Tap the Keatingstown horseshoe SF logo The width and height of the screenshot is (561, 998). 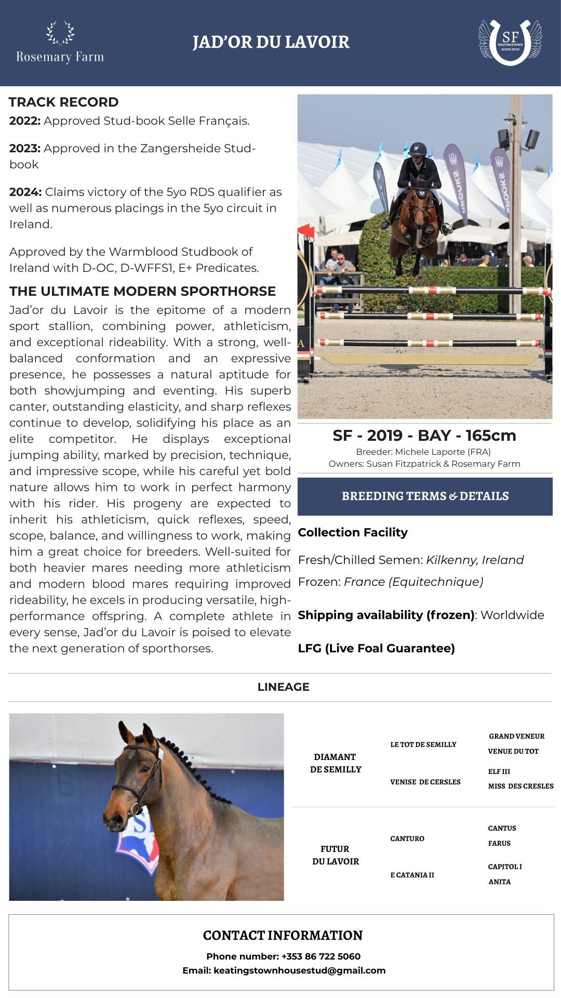pos(510,42)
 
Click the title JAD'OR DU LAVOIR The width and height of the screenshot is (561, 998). pos(271,42)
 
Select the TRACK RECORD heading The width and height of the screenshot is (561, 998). pos(63,102)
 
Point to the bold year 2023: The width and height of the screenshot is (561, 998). pos(25,148)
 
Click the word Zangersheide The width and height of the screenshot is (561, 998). pos(181,148)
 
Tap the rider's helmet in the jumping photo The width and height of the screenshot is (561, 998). pos(417,150)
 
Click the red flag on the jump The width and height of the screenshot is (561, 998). pos(306,230)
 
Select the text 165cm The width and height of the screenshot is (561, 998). pos(490,436)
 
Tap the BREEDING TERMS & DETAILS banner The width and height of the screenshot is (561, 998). pos(425,496)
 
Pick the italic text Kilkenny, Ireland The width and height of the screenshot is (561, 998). pos(475,560)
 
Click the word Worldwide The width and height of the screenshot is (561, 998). pos(512,615)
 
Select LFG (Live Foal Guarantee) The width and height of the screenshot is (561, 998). pos(376,648)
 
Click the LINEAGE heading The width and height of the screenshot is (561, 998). pos(283,687)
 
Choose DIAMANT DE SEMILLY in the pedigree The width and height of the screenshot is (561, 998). pos(336,763)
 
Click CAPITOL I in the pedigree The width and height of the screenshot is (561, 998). pos(505,866)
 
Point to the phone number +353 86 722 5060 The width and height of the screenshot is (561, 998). pos(320,956)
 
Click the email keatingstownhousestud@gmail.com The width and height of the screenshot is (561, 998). pos(299,970)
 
